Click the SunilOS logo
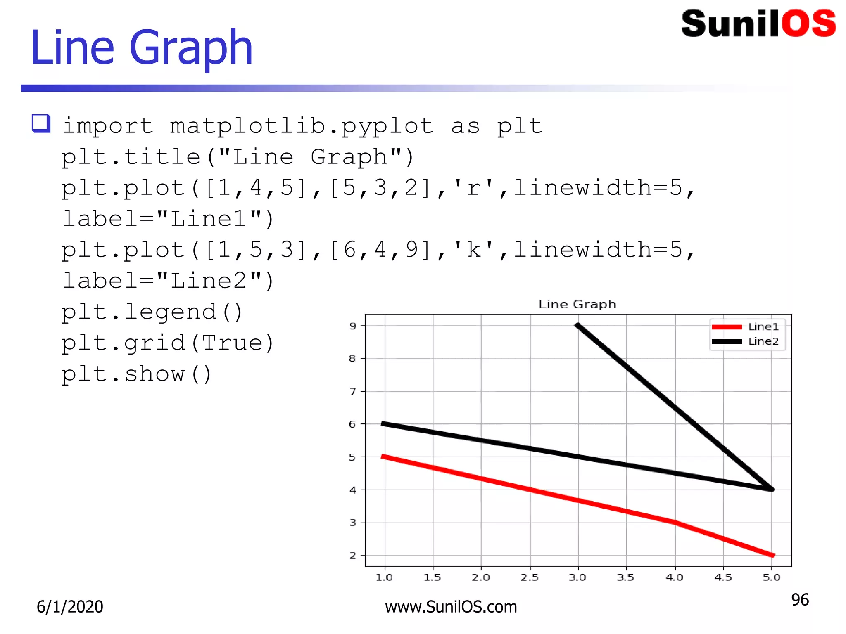(x=758, y=24)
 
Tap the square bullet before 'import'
(x=41, y=123)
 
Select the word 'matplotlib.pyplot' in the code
(x=302, y=126)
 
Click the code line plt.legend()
(x=152, y=312)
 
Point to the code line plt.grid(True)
(x=168, y=343)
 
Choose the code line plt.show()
(x=136, y=374)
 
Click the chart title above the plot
(x=577, y=305)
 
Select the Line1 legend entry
(x=745, y=327)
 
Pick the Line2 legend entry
(x=745, y=341)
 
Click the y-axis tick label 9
(x=352, y=326)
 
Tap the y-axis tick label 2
(x=352, y=556)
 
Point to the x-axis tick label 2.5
(x=530, y=577)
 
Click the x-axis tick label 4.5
(x=723, y=577)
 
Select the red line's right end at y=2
(x=772, y=555)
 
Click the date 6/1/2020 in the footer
(x=70, y=607)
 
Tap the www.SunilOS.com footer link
(x=451, y=607)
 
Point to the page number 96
(x=800, y=600)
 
